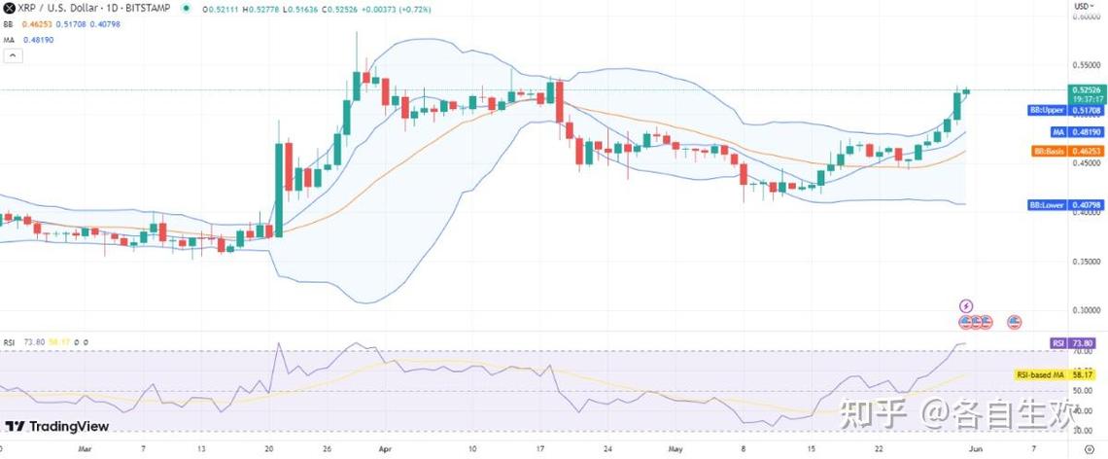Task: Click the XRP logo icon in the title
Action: tap(9, 9)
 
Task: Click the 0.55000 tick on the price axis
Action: tap(1087, 65)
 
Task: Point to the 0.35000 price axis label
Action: tap(1087, 261)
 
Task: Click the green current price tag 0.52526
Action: tap(1086, 90)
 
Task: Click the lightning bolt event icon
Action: tap(965, 305)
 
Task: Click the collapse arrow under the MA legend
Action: tap(13, 56)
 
